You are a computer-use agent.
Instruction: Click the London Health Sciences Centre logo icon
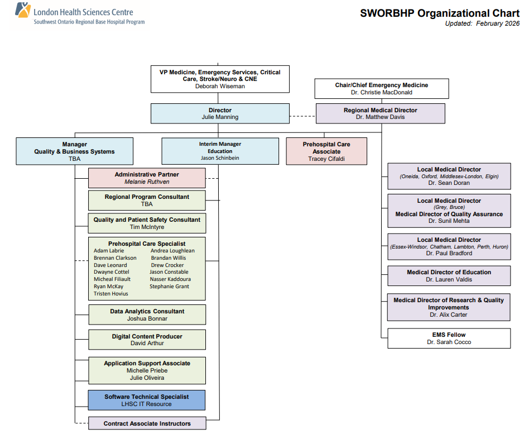pyautogui.click(x=22, y=11)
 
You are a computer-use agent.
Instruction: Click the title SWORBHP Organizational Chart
pyautogui.click(x=440, y=13)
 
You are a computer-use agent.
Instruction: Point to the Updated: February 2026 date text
pyautogui.click(x=482, y=23)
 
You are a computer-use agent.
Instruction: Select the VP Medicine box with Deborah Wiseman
pyautogui.click(x=220, y=79)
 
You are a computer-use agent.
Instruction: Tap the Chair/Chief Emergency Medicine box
pyautogui.click(x=382, y=88)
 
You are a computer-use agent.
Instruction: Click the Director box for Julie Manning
pyautogui.click(x=220, y=113)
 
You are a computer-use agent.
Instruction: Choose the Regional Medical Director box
pyautogui.click(x=380, y=113)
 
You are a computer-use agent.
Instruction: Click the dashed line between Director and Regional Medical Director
pyautogui.click(x=302, y=116)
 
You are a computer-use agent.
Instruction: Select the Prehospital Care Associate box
pyautogui.click(x=326, y=151)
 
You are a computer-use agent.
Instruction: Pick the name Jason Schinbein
pyautogui.click(x=220, y=158)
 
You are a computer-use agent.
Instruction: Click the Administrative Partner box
pyautogui.click(x=147, y=178)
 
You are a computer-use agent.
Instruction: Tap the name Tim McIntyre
pyautogui.click(x=147, y=227)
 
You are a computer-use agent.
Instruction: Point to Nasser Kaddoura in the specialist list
pyautogui.click(x=170, y=279)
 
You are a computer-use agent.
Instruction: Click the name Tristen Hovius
pyautogui.click(x=111, y=294)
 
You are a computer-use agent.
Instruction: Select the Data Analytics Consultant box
pyautogui.click(x=147, y=315)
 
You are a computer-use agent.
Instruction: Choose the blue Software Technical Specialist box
pyautogui.click(x=147, y=400)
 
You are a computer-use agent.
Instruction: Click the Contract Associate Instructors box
pyautogui.click(x=147, y=423)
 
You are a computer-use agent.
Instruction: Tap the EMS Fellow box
pyautogui.click(x=449, y=338)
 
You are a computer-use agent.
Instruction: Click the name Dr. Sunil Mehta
pyautogui.click(x=449, y=221)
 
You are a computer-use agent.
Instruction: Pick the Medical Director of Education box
pyautogui.click(x=449, y=276)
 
